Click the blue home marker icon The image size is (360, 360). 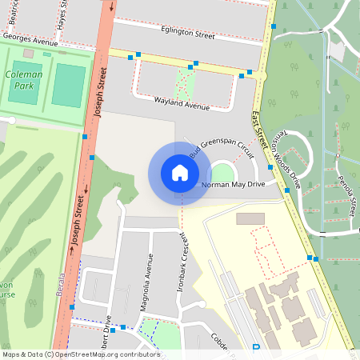pos(179,172)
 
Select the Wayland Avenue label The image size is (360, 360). pos(182,106)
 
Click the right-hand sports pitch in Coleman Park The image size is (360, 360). pos(69,85)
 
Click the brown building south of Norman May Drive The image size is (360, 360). pos(250,218)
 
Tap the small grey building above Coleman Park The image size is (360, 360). pos(29,53)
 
